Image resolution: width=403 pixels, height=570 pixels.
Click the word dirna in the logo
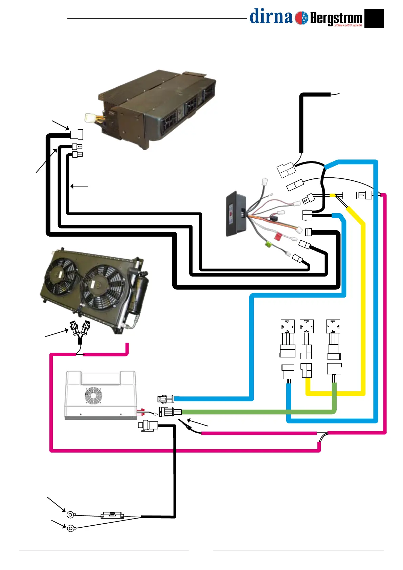[x=271, y=17]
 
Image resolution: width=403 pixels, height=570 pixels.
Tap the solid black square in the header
[x=374, y=18]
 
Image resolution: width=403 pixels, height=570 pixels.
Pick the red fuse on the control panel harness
[x=277, y=236]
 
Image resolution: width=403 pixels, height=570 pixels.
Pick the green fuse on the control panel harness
[x=268, y=244]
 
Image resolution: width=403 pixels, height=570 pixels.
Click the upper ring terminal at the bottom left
[x=70, y=515]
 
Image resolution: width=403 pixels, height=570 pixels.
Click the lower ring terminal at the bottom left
[x=71, y=528]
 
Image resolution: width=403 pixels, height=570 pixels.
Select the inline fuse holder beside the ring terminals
[x=112, y=515]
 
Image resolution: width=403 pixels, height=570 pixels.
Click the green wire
[x=257, y=412]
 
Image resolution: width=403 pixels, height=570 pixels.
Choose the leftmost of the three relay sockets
[x=288, y=327]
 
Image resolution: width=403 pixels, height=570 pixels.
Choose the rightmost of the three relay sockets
[x=333, y=327]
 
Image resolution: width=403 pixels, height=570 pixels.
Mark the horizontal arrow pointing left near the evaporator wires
[x=79, y=186]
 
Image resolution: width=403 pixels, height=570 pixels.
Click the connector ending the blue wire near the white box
[x=165, y=399]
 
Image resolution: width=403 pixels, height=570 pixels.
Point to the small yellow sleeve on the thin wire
[x=332, y=195]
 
